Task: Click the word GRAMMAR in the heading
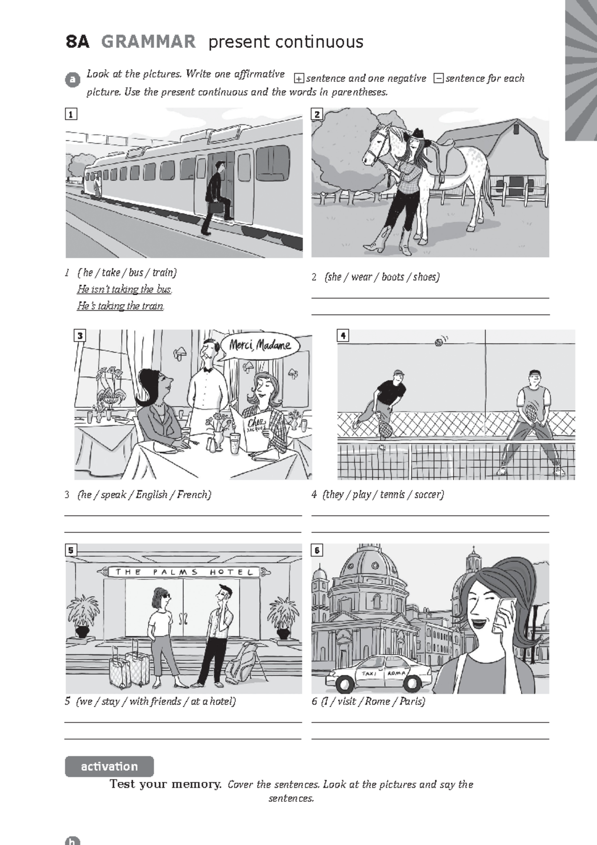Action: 148,42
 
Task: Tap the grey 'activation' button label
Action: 109,766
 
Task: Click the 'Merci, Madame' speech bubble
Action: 260,345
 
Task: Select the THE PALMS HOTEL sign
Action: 184,572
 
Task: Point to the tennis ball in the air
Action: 438,342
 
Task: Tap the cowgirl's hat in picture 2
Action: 416,133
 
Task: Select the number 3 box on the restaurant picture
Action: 80,335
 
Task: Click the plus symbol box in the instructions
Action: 298,79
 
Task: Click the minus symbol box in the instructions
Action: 438,79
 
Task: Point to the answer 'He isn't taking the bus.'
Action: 124,289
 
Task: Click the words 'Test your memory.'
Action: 165,784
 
